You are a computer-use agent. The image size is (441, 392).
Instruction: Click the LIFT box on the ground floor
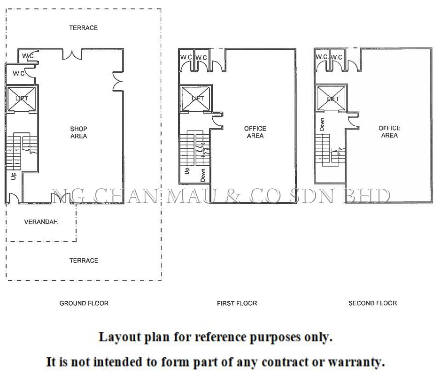click(x=22, y=99)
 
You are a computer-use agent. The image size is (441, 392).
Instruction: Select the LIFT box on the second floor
click(x=332, y=99)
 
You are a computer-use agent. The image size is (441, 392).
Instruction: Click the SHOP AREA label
click(x=78, y=132)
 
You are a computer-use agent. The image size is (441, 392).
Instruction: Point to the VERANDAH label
click(x=41, y=222)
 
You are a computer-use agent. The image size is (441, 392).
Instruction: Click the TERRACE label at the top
click(x=84, y=28)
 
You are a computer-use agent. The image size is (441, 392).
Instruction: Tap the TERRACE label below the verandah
click(x=84, y=261)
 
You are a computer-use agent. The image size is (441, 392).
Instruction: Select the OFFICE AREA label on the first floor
click(x=255, y=132)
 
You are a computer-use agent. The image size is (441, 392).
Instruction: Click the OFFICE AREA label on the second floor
click(x=389, y=131)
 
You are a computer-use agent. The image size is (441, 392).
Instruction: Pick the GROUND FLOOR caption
click(x=84, y=303)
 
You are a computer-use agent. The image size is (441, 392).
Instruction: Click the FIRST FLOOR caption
click(x=237, y=303)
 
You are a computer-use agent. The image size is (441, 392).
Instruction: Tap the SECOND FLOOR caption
click(x=372, y=303)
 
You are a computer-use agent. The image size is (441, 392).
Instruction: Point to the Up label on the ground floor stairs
click(x=13, y=176)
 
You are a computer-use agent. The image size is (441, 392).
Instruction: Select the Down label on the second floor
click(x=322, y=124)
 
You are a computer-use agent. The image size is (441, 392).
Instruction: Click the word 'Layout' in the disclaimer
click(x=115, y=337)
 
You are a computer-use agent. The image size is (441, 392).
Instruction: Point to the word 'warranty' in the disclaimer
click(x=356, y=362)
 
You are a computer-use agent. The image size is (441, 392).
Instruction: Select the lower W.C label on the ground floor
click(x=19, y=73)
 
